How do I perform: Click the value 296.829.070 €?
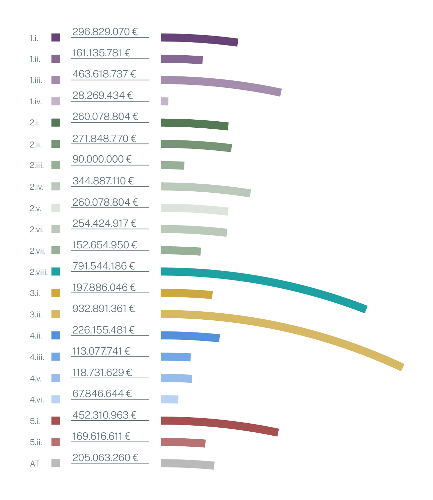tap(105, 32)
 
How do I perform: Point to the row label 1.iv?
tap(36, 102)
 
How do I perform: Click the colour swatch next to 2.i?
tap(56, 123)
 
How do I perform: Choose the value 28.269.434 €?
tap(102, 96)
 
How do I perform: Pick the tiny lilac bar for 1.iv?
tap(164, 101)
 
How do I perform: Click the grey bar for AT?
tap(188, 464)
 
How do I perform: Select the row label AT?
tap(34, 464)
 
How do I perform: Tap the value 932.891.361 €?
tap(103, 309)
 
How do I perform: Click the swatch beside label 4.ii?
tap(56, 335)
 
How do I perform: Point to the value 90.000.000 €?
tap(102, 159)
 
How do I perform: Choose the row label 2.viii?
tap(39, 272)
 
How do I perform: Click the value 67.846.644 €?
tap(102, 394)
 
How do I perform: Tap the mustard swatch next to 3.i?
tap(56, 293)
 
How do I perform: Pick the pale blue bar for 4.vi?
tap(169, 399)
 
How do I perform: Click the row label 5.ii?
tap(36, 442)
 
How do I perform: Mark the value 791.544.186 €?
tap(103, 266)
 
